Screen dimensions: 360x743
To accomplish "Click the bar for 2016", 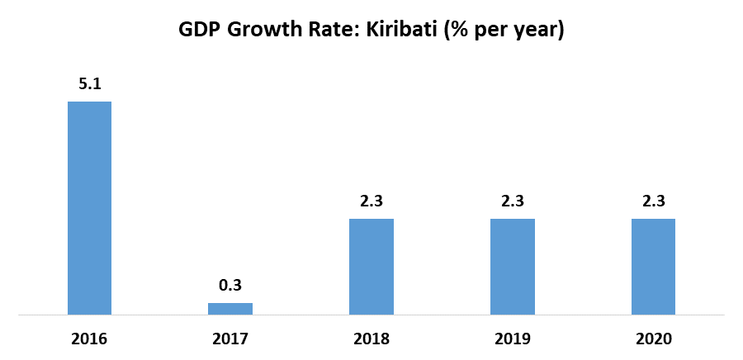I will point(89,207).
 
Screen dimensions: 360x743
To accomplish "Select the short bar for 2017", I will point(230,308).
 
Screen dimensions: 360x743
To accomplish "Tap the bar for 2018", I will point(371,266).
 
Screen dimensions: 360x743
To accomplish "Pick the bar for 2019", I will point(513,266).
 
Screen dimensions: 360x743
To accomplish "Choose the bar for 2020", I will point(653,266).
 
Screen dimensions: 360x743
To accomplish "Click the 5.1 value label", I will point(89,83).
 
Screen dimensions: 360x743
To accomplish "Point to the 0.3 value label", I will point(230,285).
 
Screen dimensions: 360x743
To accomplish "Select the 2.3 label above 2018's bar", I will point(371,201).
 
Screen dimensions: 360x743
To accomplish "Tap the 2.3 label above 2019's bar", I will point(513,201).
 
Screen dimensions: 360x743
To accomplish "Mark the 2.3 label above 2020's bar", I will point(653,201).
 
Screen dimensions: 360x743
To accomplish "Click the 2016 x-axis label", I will point(89,339).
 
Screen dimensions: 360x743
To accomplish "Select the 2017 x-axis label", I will point(230,339).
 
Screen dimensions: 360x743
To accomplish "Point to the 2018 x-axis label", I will point(371,339).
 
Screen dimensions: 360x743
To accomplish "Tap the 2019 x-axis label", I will point(513,339).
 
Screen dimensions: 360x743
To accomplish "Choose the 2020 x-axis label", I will point(653,339).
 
